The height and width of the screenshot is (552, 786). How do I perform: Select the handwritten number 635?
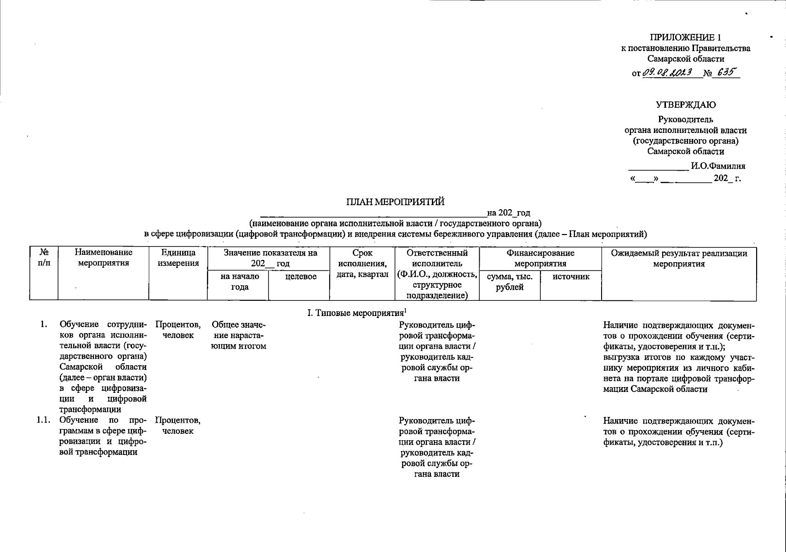(x=725, y=72)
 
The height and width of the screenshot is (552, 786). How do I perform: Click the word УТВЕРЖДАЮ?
(x=686, y=104)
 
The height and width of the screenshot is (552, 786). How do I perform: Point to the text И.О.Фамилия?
(x=718, y=166)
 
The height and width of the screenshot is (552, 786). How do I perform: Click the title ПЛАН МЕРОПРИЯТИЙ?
(x=396, y=201)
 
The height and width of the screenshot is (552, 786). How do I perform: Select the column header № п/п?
(x=44, y=258)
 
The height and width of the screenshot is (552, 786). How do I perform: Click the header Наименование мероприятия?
(x=103, y=258)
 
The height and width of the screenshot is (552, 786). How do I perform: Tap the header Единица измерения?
(x=178, y=258)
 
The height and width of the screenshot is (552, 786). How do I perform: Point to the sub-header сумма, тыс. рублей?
(x=510, y=282)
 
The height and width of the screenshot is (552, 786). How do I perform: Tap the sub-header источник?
(x=571, y=276)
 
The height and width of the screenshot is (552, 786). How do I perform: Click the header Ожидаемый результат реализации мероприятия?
(x=679, y=258)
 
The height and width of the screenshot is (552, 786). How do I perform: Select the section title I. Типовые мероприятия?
(x=357, y=313)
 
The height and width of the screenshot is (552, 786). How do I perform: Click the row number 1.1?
(x=44, y=420)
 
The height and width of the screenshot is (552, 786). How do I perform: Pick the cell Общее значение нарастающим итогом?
(x=238, y=335)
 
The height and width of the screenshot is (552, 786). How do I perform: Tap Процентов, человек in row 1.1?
(x=178, y=425)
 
